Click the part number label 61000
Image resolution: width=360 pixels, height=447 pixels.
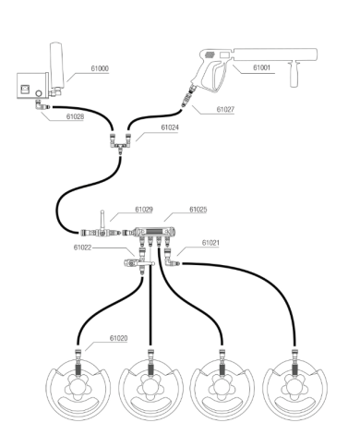pos(100,68)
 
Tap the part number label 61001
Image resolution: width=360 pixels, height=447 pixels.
pos(261,67)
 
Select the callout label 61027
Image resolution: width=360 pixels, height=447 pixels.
pos(225,109)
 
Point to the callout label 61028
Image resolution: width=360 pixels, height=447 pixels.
pos(75,116)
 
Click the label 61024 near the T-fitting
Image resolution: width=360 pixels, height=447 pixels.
pos(170,127)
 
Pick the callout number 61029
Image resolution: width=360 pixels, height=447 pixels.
pos(144,210)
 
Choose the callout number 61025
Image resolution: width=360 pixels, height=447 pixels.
pos(198,210)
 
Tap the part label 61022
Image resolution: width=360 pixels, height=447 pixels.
pos(82,248)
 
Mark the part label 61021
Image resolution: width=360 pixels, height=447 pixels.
pos(210,243)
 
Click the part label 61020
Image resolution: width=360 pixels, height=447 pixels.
pos(118,338)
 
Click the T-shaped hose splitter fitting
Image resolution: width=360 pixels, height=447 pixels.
pos(120,143)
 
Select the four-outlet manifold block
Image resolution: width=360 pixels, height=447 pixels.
pos(154,232)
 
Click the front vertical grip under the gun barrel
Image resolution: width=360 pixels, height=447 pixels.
pos(294,74)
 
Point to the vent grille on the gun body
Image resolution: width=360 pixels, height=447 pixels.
pos(210,55)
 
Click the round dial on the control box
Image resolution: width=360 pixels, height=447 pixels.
pos(39,93)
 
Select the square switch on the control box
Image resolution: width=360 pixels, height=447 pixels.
pos(25,90)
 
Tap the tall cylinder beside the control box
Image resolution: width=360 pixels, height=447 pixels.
pos(56,65)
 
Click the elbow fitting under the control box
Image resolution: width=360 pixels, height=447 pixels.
pos(41,105)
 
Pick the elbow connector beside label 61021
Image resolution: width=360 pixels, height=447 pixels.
pos(170,261)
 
